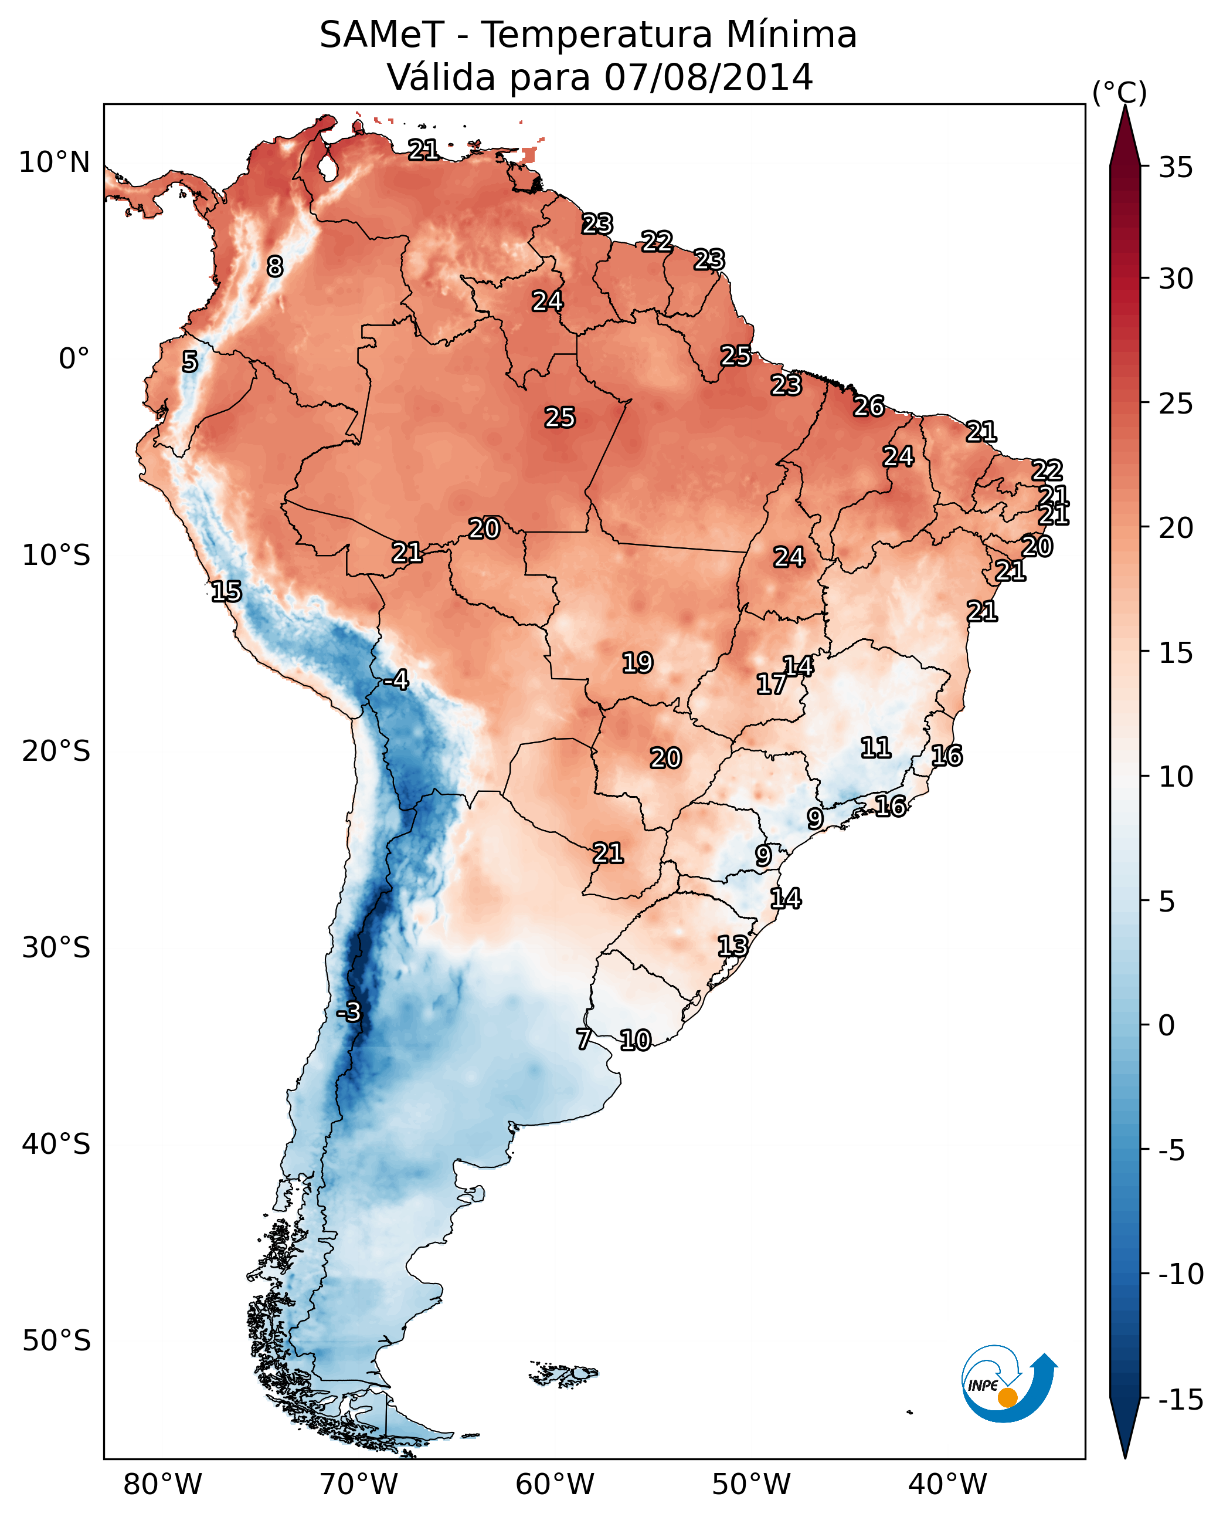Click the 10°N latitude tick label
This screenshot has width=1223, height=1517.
coord(55,163)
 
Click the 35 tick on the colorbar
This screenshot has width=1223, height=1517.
coord(1176,168)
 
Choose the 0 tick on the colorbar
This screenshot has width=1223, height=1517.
coord(1167,1025)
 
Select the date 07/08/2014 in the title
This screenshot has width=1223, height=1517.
coord(709,77)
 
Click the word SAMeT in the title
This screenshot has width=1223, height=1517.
coord(382,35)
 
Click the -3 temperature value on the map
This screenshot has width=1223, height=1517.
coord(348,1011)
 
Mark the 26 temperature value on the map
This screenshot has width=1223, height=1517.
coord(869,407)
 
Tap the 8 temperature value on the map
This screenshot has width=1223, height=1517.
coord(275,266)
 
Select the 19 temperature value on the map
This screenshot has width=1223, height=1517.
coord(637,663)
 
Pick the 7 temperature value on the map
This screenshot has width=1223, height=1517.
coord(583,1039)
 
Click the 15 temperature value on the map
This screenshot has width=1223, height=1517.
coord(226,591)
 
